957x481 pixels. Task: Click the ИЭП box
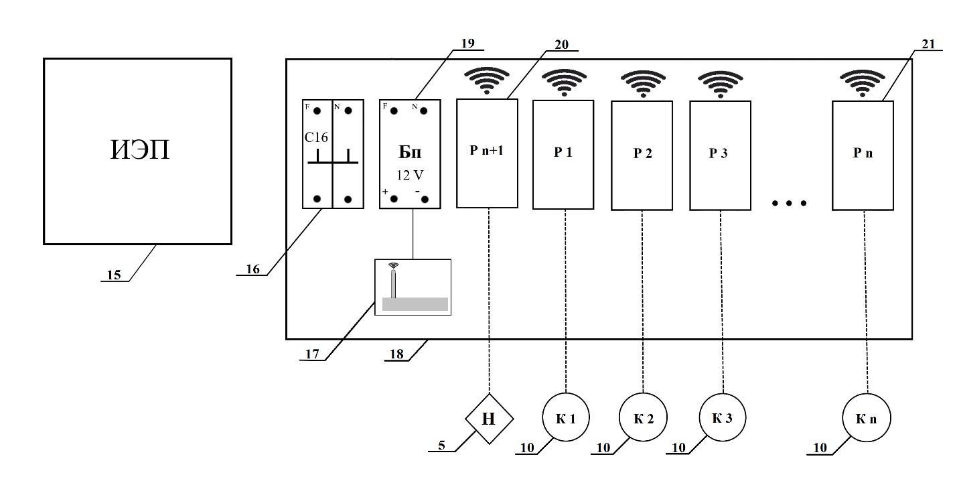click(x=137, y=151)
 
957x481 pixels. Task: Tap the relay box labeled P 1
click(x=563, y=154)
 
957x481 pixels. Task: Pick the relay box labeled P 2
click(x=642, y=154)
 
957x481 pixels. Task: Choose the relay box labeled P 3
click(x=719, y=154)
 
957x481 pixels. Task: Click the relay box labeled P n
click(x=863, y=154)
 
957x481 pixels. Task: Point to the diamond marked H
click(x=489, y=419)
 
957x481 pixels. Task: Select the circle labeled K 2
click(x=643, y=419)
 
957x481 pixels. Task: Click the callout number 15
click(x=114, y=275)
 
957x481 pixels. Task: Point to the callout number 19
click(x=467, y=43)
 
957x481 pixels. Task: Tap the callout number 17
click(x=313, y=353)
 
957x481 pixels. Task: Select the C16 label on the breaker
click(x=316, y=138)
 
